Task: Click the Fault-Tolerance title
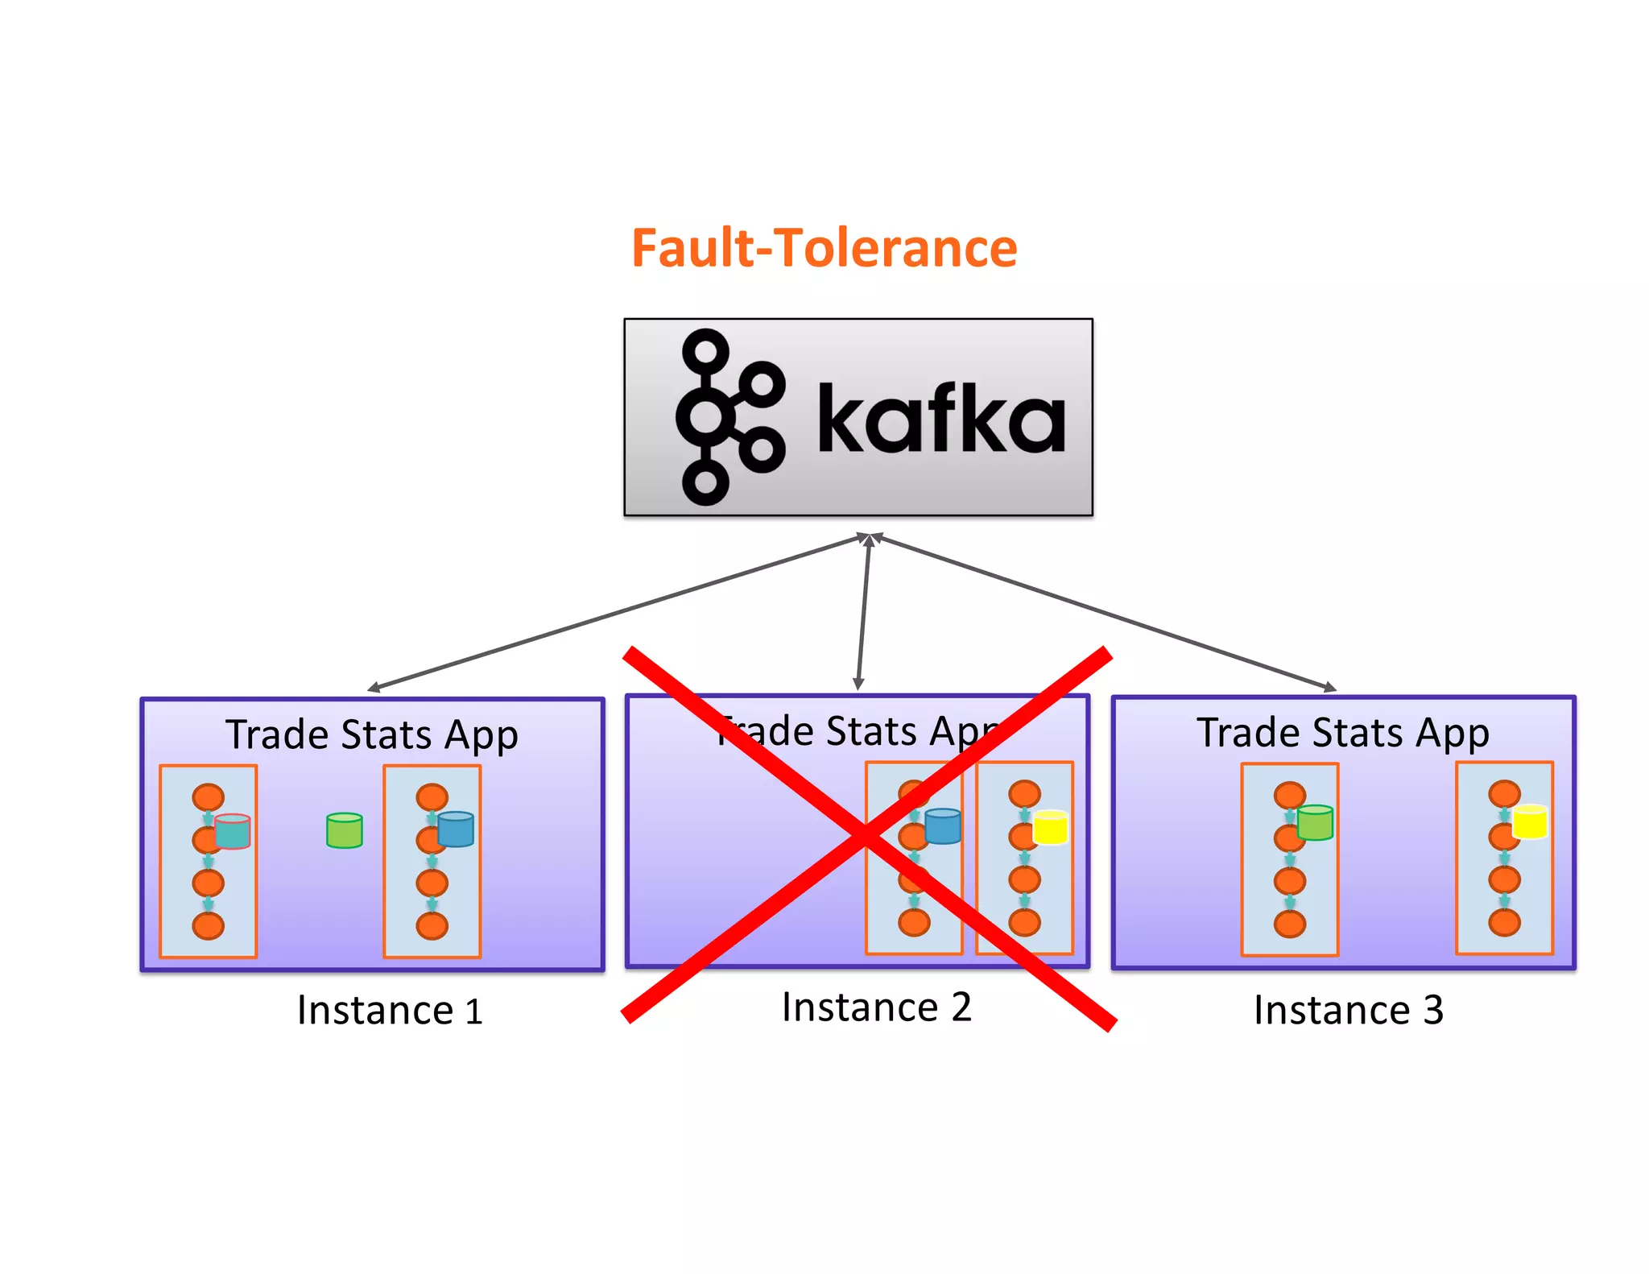(x=824, y=248)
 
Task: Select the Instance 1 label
(x=390, y=1010)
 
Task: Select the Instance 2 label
(x=876, y=1007)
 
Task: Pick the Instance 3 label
(x=1348, y=1010)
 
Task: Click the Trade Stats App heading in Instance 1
(x=371, y=734)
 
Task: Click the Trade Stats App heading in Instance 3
(x=1342, y=732)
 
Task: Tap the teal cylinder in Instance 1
(x=233, y=832)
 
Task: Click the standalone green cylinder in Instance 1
(x=345, y=830)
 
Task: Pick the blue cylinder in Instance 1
(x=456, y=829)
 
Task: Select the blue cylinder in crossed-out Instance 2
(x=943, y=826)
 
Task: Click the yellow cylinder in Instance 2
(x=1050, y=827)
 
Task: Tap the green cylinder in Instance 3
(x=1315, y=823)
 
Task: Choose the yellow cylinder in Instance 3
(x=1530, y=821)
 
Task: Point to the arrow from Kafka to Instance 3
(x=1103, y=612)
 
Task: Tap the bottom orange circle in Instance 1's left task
(x=209, y=926)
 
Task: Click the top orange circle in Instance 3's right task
(x=1504, y=794)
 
